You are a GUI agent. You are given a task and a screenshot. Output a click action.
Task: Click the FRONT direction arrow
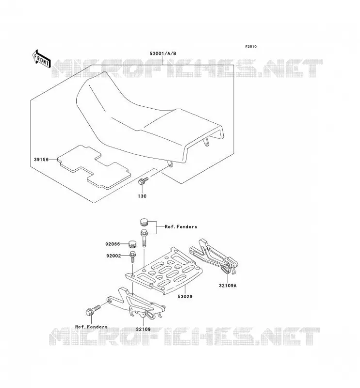coord(41,59)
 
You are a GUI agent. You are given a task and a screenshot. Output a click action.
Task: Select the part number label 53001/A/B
coord(163,53)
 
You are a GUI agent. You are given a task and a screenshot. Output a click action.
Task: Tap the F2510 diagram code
coord(251,47)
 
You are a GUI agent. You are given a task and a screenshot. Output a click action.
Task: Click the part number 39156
coord(41,160)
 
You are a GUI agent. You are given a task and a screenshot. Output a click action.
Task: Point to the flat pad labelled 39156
coord(94,167)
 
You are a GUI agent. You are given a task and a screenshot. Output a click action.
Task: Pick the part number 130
coord(142,196)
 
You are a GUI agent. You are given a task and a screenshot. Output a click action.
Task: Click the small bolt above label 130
coord(143,180)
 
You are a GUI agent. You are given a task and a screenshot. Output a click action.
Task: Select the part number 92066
coord(113,244)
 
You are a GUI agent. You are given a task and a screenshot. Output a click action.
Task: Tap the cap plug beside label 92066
coord(132,244)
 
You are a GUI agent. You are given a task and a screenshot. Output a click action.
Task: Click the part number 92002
coord(114,256)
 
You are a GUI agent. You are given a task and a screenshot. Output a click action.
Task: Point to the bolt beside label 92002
coord(133,257)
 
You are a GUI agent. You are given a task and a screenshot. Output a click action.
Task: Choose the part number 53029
coord(185,296)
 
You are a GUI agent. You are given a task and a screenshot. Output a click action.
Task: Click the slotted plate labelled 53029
coord(164,271)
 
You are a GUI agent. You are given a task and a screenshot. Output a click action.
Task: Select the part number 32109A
coord(228,286)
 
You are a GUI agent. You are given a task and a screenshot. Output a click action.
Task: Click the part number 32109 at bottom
coord(143,329)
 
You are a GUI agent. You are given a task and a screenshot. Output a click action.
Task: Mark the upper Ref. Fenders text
coord(181,226)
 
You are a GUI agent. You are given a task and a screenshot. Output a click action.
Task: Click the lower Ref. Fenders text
coord(91,327)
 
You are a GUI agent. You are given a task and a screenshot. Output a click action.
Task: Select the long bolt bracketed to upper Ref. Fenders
coord(144,238)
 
